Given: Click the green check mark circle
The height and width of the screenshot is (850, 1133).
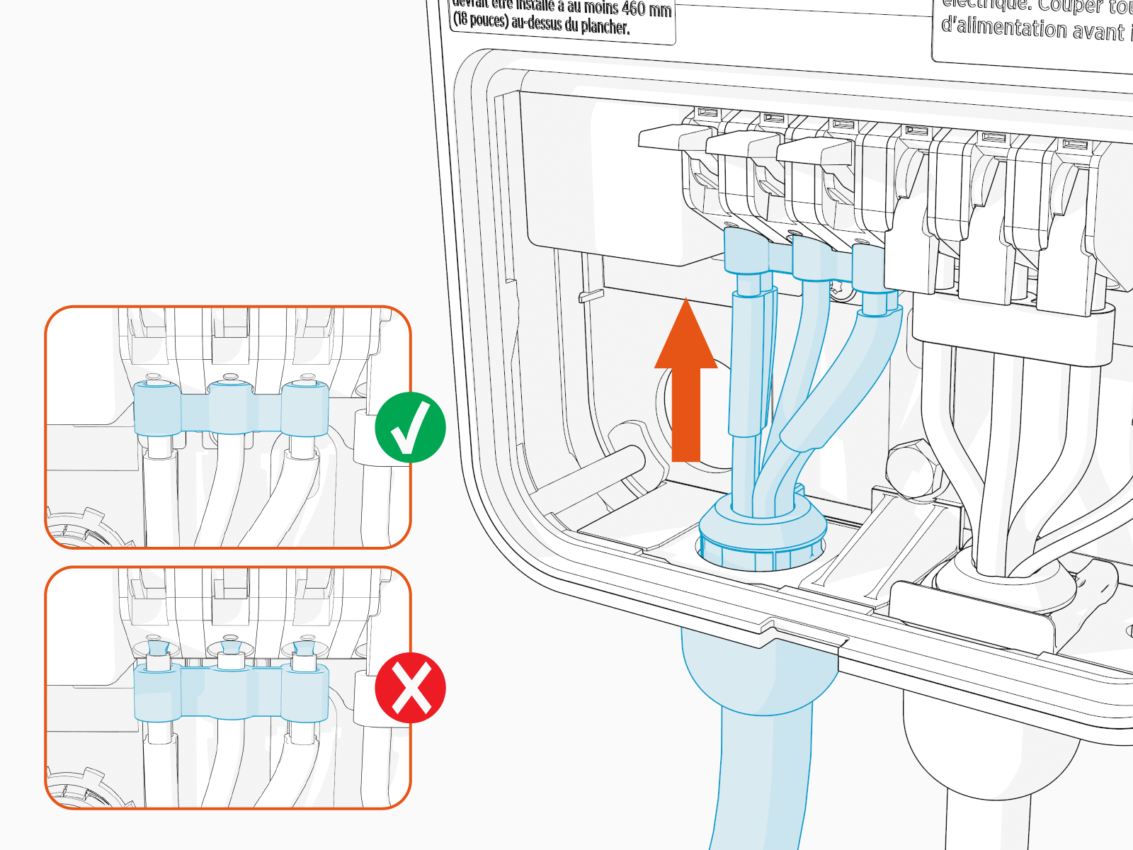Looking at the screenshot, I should coord(410,427).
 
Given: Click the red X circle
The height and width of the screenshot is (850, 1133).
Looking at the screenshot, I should coord(410,688).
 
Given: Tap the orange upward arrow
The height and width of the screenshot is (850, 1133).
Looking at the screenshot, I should coord(685,382).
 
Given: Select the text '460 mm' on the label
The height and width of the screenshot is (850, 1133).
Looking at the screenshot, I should coord(646,10).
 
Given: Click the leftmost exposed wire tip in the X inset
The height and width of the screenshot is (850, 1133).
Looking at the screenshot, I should coord(156,648).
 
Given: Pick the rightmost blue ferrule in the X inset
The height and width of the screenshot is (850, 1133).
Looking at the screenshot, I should coord(304,694).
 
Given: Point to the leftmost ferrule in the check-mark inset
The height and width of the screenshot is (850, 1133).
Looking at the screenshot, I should coord(157,409).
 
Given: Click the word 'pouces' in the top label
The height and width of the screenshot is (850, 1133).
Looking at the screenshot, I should coord(489,21).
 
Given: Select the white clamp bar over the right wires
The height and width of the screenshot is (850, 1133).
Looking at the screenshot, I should coord(1013,333).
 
